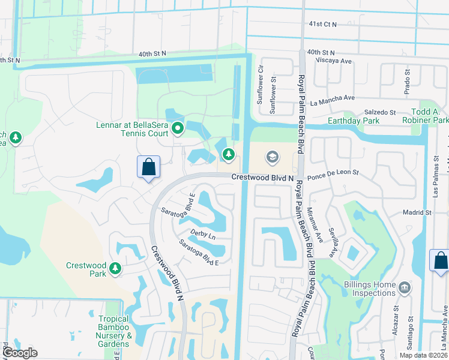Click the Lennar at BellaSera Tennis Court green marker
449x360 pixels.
178,128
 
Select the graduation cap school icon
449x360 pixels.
272,157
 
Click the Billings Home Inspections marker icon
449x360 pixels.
405,289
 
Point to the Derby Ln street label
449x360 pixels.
202,234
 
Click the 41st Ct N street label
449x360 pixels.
323,24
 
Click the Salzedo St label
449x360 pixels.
379,112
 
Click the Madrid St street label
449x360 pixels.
417,212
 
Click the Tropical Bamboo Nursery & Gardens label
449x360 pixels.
114,331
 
